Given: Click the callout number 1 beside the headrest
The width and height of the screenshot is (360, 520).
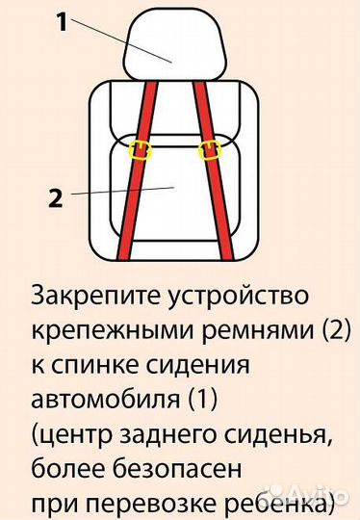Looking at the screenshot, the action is click(61, 22).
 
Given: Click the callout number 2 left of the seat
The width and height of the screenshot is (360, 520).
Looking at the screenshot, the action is click(55, 200).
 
